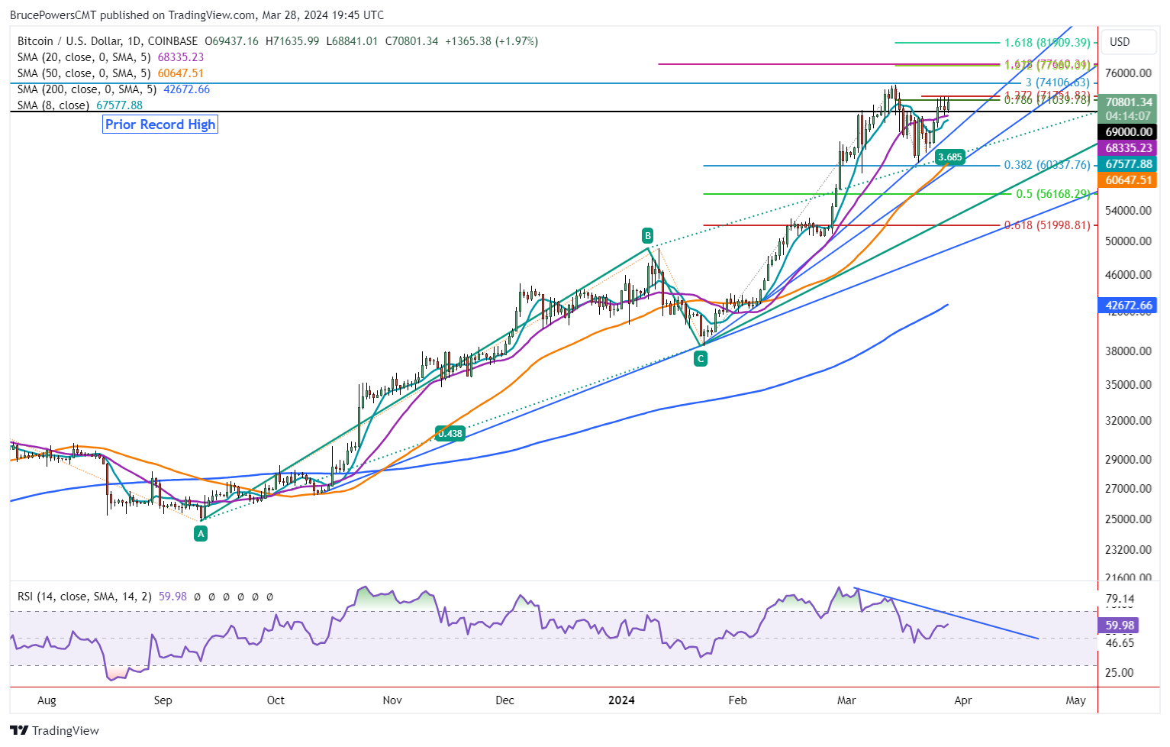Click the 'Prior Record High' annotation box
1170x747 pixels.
click(x=160, y=124)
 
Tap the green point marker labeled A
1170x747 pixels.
click(x=201, y=534)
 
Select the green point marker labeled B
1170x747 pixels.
click(x=647, y=234)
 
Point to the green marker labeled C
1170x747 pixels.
click(x=700, y=358)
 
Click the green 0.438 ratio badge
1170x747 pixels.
click(x=450, y=433)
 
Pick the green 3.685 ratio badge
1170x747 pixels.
click(x=950, y=157)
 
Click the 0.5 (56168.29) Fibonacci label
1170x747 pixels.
click(x=1052, y=194)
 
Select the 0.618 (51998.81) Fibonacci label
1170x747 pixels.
click(x=1046, y=225)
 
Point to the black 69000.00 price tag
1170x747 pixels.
click(x=1128, y=132)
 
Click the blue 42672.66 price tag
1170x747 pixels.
click(x=1128, y=306)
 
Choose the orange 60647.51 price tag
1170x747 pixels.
click(x=1128, y=180)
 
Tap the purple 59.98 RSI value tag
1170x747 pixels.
click(x=1119, y=625)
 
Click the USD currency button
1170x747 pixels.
click(x=1120, y=42)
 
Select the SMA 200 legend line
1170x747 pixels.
click(x=114, y=89)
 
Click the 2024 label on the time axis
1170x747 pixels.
click(x=621, y=700)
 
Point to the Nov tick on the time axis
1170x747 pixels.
click(x=392, y=700)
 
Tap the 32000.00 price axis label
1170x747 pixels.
click(x=1128, y=421)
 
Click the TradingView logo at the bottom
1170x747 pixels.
click(x=55, y=731)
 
